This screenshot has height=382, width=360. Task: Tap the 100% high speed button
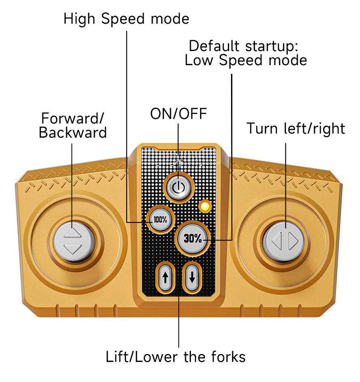click(x=160, y=219)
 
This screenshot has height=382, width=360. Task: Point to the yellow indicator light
click(x=205, y=206)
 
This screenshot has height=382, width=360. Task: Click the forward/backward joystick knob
click(x=73, y=241)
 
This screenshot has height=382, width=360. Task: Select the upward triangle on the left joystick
click(x=73, y=233)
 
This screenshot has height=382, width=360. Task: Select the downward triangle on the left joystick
click(x=73, y=249)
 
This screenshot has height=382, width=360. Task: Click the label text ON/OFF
click(x=179, y=114)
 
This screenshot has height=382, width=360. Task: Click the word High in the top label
click(x=81, y=19)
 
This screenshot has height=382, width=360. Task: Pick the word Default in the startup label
click(x=214, y=46)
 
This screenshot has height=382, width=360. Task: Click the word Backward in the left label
click(x=72, y=132)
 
